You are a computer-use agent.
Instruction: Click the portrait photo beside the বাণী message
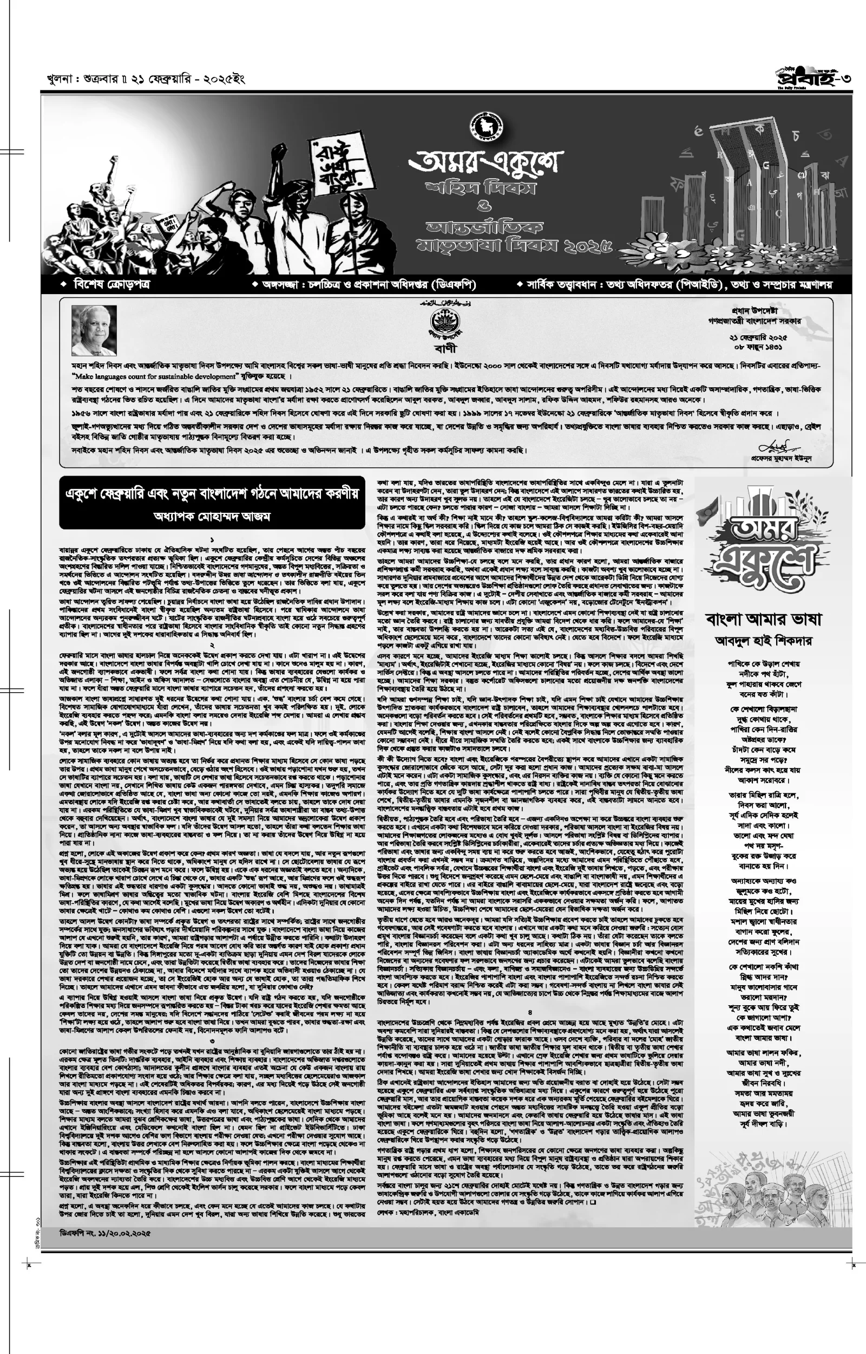point(95,330)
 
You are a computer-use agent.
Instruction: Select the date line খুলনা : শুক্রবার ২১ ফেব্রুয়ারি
point(146,79)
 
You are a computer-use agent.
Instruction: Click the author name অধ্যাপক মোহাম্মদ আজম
point(212,516)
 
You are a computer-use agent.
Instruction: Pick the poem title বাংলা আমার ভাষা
point(763,619)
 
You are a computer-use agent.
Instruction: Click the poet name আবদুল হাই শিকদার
point(763,640)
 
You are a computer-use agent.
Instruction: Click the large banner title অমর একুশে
point(485,161)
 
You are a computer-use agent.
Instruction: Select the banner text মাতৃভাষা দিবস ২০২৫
point(514,246)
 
